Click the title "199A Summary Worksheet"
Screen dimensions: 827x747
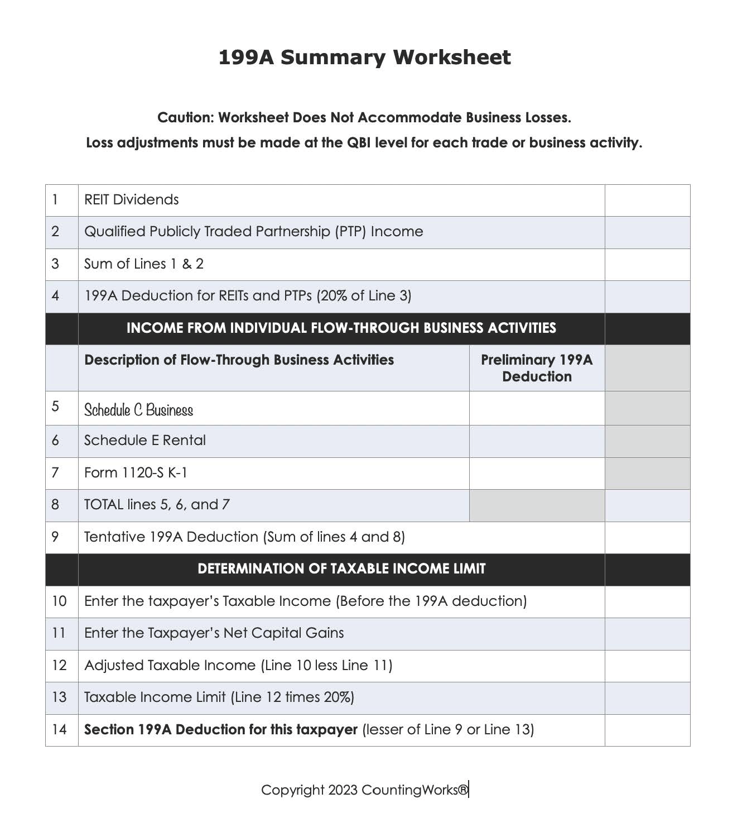(364, 58)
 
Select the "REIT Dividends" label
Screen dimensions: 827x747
(132, 200)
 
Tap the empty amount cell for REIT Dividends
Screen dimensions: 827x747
(647, 200)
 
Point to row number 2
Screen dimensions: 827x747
(55, 232)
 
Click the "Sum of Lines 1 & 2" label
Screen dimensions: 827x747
(144, 264)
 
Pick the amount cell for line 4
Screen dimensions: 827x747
(647, 297)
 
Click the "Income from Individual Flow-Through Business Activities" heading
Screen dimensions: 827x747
(341, 328)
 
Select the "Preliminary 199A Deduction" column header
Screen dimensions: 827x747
(537, 368)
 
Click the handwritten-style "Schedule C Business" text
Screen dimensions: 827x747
(138, 410)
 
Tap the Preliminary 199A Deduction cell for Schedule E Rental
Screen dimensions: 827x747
(537, 441)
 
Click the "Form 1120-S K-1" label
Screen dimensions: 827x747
(136, 473)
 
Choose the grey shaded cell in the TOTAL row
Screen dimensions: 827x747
(537, 505)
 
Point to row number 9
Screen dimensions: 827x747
(55, 537)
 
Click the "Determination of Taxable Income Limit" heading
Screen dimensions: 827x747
(341, 569)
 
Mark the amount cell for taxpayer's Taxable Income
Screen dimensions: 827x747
(647, 601)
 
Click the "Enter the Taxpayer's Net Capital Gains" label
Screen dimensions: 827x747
(214, 633)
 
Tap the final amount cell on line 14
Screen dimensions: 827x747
(647, 730)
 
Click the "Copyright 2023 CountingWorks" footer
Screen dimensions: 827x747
(365, 790)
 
